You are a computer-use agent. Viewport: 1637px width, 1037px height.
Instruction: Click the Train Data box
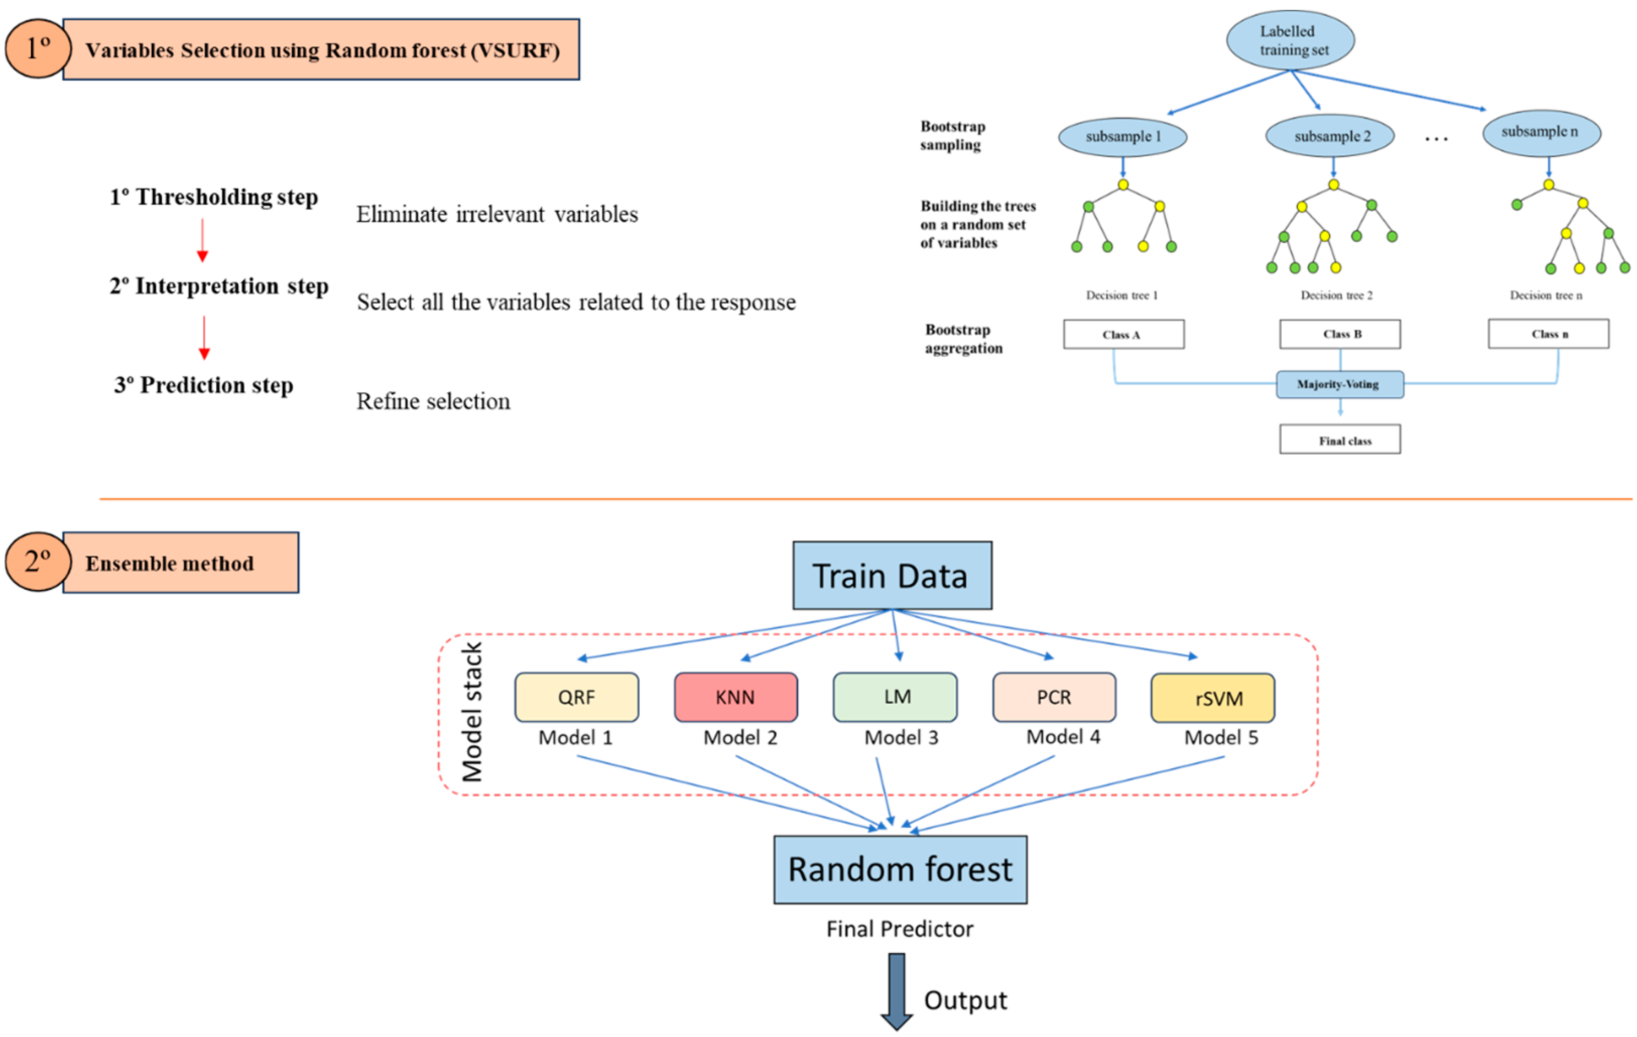(x=892, y=575)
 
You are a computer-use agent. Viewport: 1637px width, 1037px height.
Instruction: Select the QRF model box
(x=577, y=697)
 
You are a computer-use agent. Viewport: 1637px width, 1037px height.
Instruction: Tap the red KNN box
(x=735, y=697)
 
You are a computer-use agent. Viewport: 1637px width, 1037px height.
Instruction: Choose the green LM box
(x=895, y=697)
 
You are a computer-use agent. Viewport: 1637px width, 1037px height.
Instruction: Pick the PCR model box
(x=1054, y=697)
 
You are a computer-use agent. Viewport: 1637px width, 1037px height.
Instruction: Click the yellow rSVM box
(x=1213, y=698)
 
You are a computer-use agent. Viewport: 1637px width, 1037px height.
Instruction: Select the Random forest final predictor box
(x=900, y=870)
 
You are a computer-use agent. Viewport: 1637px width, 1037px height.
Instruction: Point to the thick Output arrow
(x=897, y=992)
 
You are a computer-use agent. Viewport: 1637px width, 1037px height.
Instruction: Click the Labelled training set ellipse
(x=1290, y=40)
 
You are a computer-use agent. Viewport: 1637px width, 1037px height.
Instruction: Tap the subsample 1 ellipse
(x=1122, y=137)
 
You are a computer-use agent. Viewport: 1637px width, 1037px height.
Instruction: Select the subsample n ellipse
(x=1542, y=133)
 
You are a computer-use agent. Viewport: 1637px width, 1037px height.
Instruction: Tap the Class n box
(x=1549, y=333)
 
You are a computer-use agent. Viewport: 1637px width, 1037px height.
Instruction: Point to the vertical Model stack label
(x=472, y=712)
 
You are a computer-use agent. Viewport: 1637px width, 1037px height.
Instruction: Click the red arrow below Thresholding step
(x=202, y=240)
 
